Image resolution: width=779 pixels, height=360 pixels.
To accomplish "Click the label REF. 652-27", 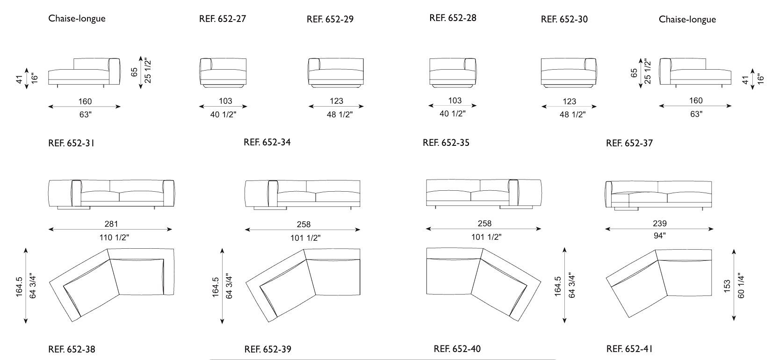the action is tap(223, 19).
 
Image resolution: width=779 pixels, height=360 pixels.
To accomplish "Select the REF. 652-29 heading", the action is tap(330, 20).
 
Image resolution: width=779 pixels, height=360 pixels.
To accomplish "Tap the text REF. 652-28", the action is tap(453, 18).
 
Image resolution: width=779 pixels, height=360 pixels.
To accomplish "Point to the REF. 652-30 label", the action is tap(564, 20).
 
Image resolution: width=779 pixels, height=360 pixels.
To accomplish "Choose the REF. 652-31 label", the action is tap(71, 144).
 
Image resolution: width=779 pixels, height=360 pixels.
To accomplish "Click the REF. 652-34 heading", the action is tap(267, 142).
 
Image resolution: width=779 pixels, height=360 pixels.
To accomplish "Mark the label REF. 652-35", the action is tap(446, 143).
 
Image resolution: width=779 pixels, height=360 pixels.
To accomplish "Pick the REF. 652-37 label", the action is tap(629, 144).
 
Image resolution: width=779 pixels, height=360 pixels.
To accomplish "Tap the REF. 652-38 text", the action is tap(72, 349).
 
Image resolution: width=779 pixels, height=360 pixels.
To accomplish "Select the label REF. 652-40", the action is tap(457, 349).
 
